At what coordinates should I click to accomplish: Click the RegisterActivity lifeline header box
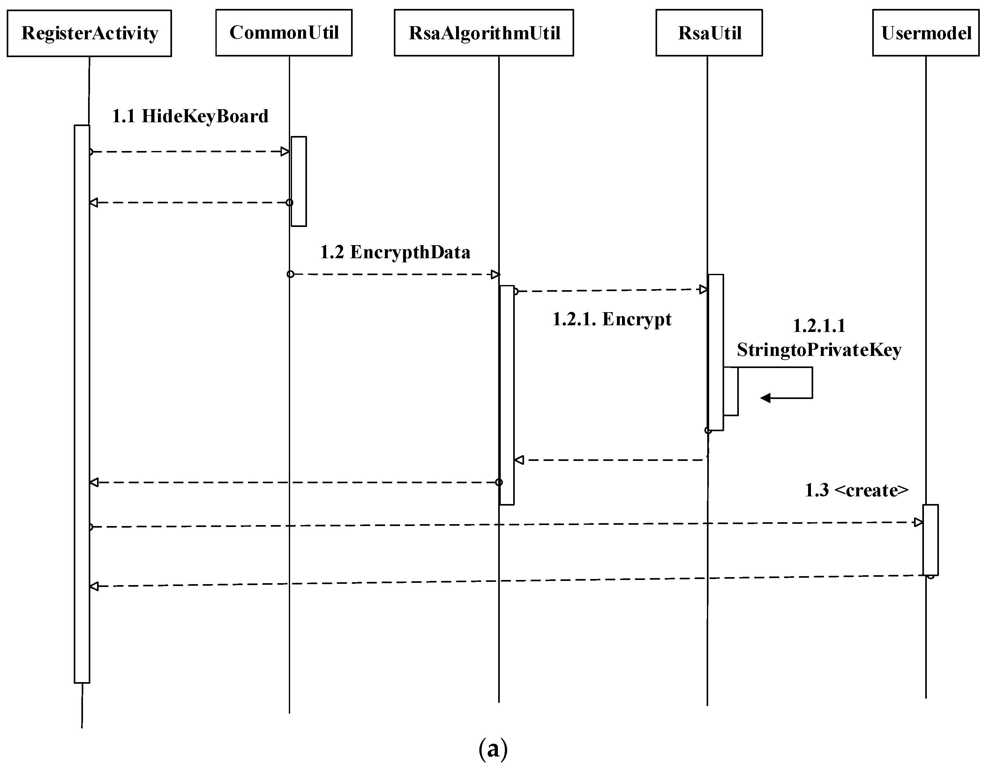89,33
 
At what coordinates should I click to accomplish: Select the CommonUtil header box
284,33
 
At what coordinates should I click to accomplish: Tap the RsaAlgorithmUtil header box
484,33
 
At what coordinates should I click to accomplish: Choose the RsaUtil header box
709,33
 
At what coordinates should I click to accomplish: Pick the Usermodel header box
926,33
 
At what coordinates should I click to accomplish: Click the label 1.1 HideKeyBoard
190,116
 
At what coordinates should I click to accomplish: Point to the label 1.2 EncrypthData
395,252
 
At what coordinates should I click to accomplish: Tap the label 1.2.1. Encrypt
611,319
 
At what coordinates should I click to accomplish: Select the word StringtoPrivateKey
819,350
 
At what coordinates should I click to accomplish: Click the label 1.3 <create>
857,490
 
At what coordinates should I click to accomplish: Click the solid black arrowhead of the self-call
765,398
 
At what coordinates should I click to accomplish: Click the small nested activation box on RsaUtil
731,391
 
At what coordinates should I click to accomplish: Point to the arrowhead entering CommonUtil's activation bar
285,152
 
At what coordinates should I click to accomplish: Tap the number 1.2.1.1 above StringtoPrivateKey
819,326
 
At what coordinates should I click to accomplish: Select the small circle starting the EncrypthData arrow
290,274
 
